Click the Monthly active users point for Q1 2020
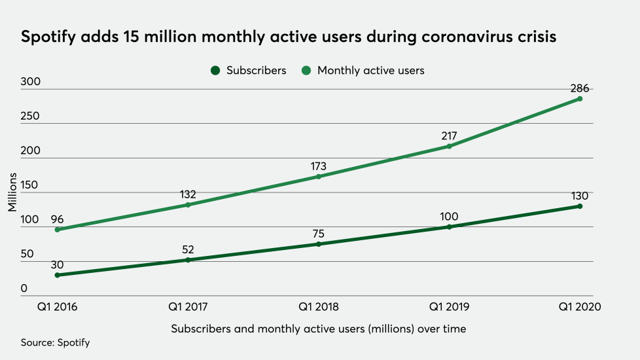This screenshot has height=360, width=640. [x=580, y=99]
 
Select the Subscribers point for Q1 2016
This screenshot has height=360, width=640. [x=58, y=275]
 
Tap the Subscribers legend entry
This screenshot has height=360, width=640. [x=249, y=70]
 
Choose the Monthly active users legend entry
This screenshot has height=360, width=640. [x=363, y=70]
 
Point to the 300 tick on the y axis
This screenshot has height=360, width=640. [x=30, y=82]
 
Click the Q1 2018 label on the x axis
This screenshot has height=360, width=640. [x=319, y=306]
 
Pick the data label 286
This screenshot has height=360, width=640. [x=580, y=88]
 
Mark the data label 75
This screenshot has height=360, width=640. [x=319, y=233]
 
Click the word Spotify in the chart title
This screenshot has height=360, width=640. [x=47, y=37]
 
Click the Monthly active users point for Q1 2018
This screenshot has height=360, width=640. [x=319, y=177]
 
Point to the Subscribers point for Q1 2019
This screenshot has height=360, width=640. [x=449, y=227]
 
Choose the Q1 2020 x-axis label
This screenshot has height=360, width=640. [x=580, y=306]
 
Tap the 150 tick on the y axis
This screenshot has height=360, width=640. [x=30, y=185]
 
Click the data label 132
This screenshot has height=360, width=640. [x=188, y=194]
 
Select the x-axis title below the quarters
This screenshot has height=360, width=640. [x=319, y=329]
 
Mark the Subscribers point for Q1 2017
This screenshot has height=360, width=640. [x=188, y=260]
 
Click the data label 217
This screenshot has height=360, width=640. [x=449, y=136]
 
